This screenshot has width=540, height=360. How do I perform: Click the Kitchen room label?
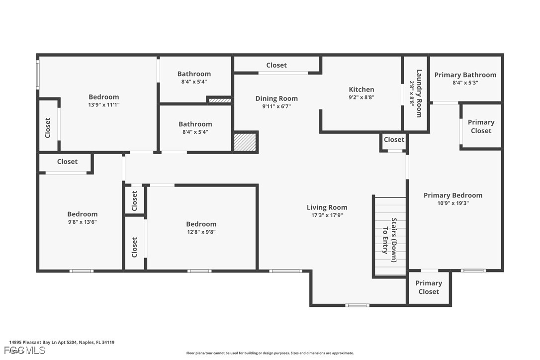(x=361, y=90)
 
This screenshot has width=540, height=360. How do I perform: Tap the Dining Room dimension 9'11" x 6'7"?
(x=276, y=106)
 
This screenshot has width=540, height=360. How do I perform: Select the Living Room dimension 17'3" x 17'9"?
(x=327, y=215)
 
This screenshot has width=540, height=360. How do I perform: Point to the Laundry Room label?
(x=419, y=93)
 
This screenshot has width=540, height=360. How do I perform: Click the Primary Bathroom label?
(x=465, y=75)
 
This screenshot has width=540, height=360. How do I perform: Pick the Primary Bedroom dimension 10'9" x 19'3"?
(x=453, y=203)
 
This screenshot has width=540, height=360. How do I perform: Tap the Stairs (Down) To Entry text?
(x=389, y=236)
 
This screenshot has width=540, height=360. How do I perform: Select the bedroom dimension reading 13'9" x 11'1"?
(x=103, y=105)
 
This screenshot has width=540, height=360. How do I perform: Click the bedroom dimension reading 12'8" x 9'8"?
(x=201, y=232)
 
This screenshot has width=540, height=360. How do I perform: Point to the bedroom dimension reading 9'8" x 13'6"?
(x=82, y=222)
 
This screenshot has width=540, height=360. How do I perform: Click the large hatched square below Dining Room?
(x=245, y=142)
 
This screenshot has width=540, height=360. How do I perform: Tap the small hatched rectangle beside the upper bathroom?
(x=219, y=100)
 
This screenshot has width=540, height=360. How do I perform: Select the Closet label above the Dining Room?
(x=276, y=65)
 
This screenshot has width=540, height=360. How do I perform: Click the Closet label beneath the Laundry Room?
(x=394, y=140)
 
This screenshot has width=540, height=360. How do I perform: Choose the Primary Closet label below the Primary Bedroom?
(x=429, y=287)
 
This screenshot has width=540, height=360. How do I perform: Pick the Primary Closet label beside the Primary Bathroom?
(x=481, y=126)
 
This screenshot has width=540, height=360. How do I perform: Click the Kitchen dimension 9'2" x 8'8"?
(x=361, y=97)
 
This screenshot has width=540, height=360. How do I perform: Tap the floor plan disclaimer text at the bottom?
(x=270, y=353)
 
